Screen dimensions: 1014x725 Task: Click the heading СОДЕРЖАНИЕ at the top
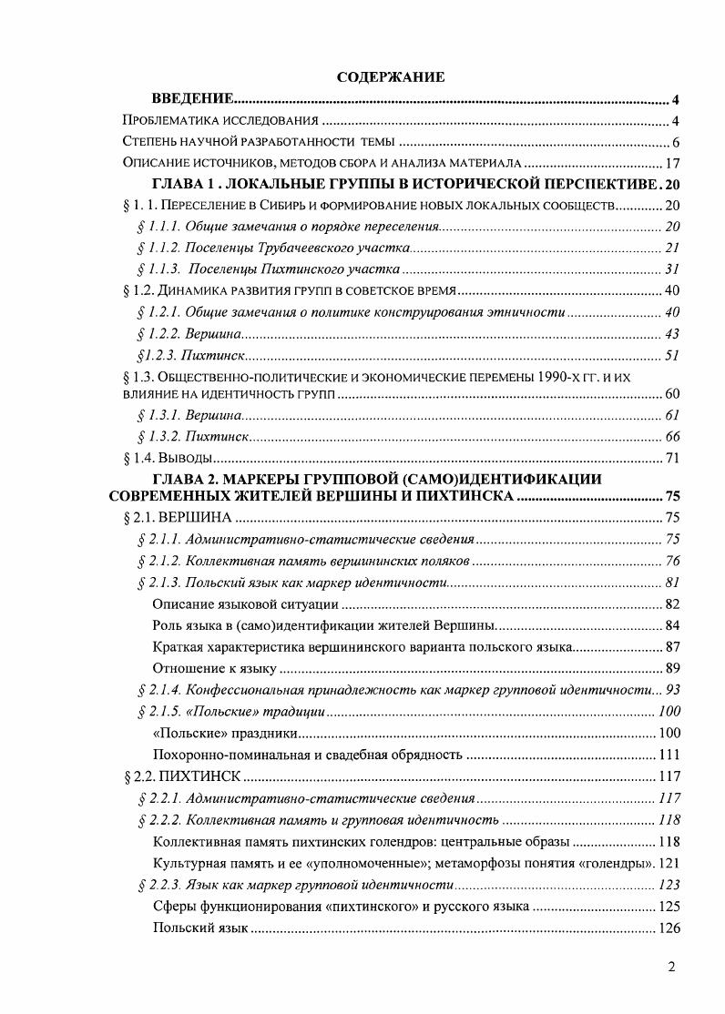click(391, 77)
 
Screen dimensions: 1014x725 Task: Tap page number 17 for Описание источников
click(674, 163)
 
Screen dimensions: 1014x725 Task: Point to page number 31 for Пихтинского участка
click(673, 269)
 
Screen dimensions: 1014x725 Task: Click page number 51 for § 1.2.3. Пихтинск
click(673, 356)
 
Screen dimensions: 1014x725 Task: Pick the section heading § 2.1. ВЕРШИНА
click(177, 518)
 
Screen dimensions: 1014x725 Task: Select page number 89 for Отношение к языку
click(673, 668)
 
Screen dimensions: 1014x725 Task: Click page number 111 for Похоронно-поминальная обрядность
click(669, 755)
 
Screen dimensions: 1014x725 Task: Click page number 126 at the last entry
click(669, 928)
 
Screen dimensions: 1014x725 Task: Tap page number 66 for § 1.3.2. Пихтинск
click(673, 436)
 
